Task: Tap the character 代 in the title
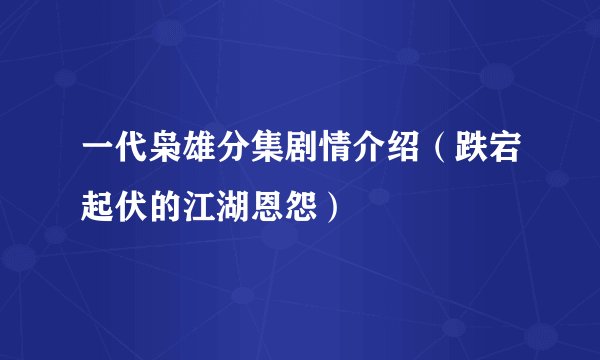point(132,157)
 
